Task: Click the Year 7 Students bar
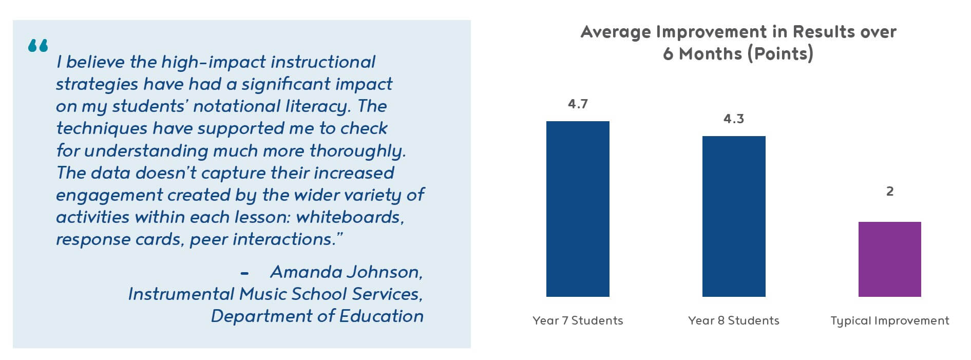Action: pos(578,209)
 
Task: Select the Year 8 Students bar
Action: pos(734,216)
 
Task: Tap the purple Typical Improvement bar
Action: pos(889,259)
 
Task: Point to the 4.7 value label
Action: pos(578,104)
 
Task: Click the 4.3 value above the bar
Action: pos(734,119)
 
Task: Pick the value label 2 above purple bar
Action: pos(890,192)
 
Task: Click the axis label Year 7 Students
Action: pos(578,321)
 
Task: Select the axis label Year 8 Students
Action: pos(734,321)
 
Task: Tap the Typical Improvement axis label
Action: pos(890,321)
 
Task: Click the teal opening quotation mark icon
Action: pos(38,46)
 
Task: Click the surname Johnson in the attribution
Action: pos(385,272)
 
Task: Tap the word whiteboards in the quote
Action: pos(350,217)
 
